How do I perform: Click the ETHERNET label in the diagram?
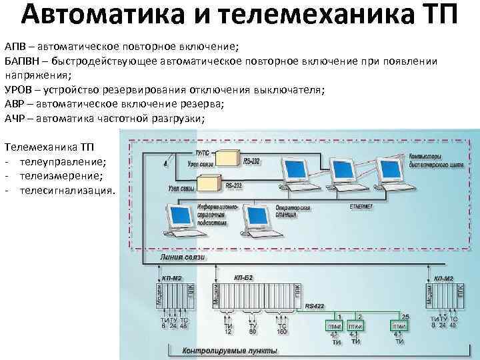click(361, 207)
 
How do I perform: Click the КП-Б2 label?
click(243, 275)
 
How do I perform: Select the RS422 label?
click(314, 307)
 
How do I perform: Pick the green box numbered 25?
click(399, 327)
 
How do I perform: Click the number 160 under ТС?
click(282, 331)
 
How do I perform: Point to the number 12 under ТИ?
click(227, 331)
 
